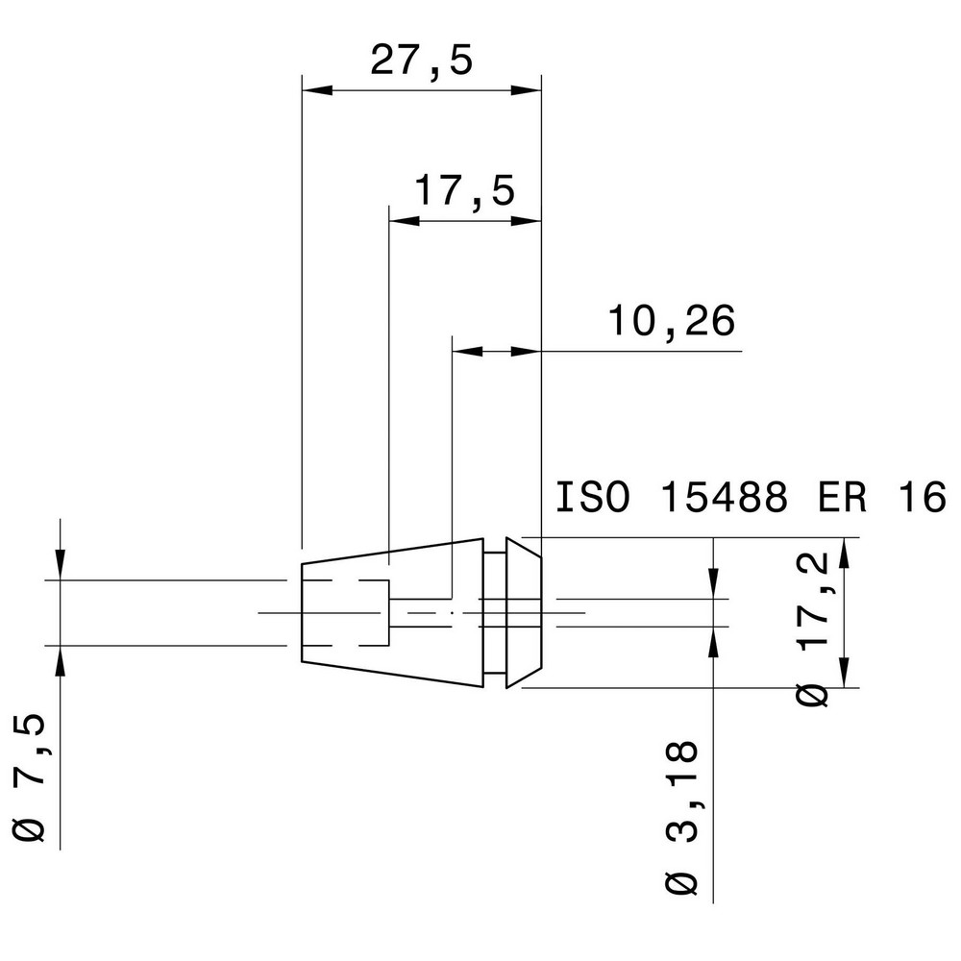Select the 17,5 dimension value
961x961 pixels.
click(464, 190)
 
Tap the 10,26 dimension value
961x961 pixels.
click(671, 321)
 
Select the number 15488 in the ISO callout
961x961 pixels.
click(725, 499)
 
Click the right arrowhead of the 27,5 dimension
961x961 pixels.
click(527, 90)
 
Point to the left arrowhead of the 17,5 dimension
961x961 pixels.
click(403, 221)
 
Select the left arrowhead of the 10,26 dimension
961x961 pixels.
click(466, 352)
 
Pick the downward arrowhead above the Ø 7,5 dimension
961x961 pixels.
click(61, 566)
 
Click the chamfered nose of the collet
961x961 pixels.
click(525, 612)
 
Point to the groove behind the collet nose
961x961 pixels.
click(494, 612)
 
